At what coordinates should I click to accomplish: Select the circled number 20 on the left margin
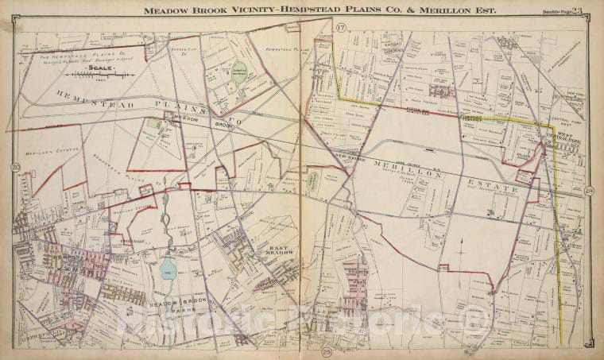15,167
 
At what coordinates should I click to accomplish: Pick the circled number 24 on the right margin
588,191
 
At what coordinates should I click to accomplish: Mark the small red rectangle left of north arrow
443,267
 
